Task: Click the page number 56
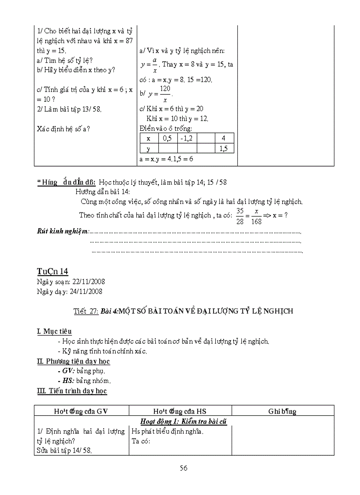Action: pos(184,468)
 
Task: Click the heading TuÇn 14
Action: pos(52,271)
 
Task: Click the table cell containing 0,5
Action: pos(167,138)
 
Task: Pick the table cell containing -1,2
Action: pos(187,138)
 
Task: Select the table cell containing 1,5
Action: pos(223,149)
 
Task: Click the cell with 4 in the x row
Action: pos(223,138)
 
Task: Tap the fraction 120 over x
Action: pos(165,94)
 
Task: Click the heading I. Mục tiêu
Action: pos(54,331)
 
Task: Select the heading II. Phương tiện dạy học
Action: pos(73,361)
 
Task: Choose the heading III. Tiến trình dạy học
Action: pos(72,391)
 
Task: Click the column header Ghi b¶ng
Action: pos(282,411)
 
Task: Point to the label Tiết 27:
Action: pos(86,311)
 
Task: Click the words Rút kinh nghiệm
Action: pos(63,231)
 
